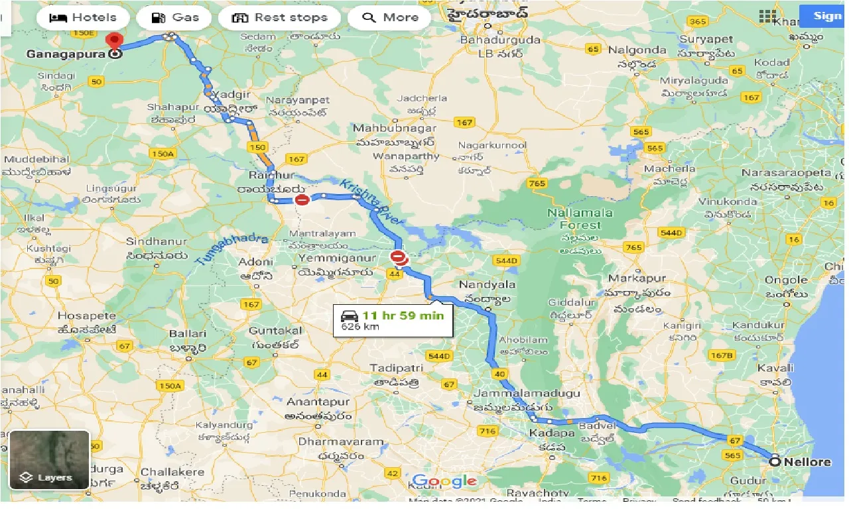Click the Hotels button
pyautogui.click(x=82, y=17)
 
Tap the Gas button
pyautogui.click(x=175, y=17)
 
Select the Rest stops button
pyautogui.click(x=279, y=17)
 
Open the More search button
pyautogui.click(x=389, y=17)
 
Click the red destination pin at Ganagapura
pyautogui.click(x=115, y=42)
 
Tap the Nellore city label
pyautogui.click(x=807, y=462)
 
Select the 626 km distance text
pyautogui.click(x=356, y=327)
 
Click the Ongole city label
pyautogui.click(x=786, y=280)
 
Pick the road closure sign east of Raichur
pyautogui.click(x=302, y=199)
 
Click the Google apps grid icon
pyautogui.click(x=767, y=17)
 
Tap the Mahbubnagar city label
pyautogui.click(x=395, y=128)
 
